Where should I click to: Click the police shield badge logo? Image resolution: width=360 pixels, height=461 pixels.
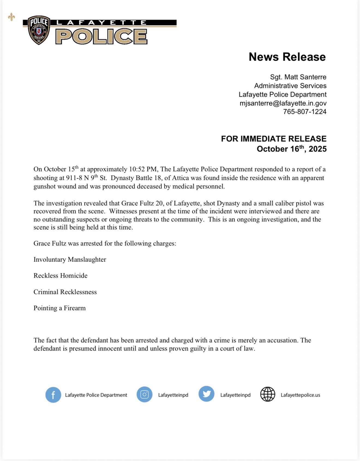tap(39, 30)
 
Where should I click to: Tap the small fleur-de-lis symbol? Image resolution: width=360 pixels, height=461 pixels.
tap(11, 17)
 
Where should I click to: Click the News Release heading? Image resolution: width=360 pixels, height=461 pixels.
tap(287, 57)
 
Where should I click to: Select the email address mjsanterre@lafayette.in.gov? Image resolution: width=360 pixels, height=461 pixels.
tap(283, 103)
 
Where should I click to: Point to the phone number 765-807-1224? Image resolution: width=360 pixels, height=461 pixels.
tap(305, 112)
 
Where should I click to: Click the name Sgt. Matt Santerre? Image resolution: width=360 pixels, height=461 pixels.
tap(298, 77)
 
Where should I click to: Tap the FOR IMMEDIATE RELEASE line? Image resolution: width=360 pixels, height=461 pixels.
tap(274, 139)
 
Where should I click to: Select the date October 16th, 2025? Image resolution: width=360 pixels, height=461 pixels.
tap(292, 149)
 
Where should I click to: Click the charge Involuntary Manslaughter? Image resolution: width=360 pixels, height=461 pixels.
tap(70, 259)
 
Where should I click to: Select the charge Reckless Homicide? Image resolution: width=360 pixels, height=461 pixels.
tap(61, 275)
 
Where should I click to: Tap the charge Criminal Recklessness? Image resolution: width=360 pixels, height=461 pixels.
tap(65, 292)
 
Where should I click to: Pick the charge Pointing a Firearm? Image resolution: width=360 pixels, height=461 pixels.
tap(59, 308)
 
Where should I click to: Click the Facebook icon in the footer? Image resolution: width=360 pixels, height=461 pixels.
tap(53, 395)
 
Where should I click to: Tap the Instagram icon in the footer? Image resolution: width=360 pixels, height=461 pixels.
tap(144, 394)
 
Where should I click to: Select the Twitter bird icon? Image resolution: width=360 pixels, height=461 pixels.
tap(206, 394)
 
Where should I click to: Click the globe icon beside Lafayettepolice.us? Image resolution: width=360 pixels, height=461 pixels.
tap(268, 394)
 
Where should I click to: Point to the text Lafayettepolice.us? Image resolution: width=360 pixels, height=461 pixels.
tap(300, 395)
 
